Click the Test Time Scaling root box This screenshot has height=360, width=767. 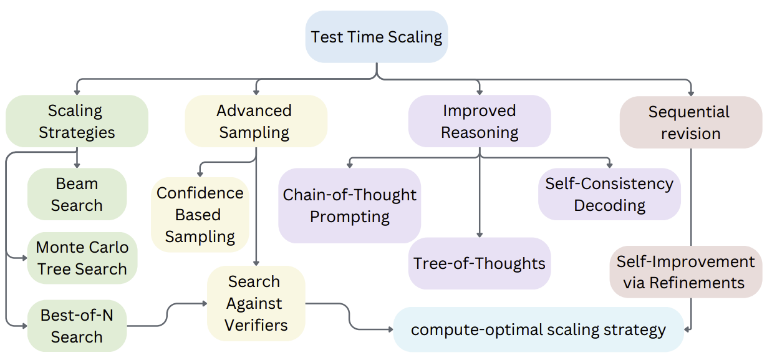pos(376,37)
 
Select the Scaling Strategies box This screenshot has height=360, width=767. pos(77,121)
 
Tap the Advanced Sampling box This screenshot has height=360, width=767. pos(256,121)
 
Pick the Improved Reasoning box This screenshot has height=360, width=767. pos(480,121)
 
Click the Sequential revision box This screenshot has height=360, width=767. pos(691,122)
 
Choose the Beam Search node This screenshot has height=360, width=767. pos(77,194)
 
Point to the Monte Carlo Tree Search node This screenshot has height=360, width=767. pos(82,258)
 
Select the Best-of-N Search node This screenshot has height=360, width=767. pos(77,326)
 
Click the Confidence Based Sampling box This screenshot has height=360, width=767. pos(200,215)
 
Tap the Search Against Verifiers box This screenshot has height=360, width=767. pos(256,303)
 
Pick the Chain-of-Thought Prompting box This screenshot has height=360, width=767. pos(350,205)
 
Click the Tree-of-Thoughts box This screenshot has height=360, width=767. pos(480,263)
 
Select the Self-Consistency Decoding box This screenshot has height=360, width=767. pos(609,194)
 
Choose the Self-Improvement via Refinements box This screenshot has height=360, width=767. pos(686,272)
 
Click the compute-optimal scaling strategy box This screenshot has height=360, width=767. pos(539,329)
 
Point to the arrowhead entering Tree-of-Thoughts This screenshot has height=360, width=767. pos(480,235)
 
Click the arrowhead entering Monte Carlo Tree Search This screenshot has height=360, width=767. pos(25,258)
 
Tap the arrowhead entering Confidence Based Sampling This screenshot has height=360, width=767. pos(200,174)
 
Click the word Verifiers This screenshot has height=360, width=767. pos(256,325)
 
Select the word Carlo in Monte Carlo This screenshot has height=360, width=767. pos(105,247)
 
